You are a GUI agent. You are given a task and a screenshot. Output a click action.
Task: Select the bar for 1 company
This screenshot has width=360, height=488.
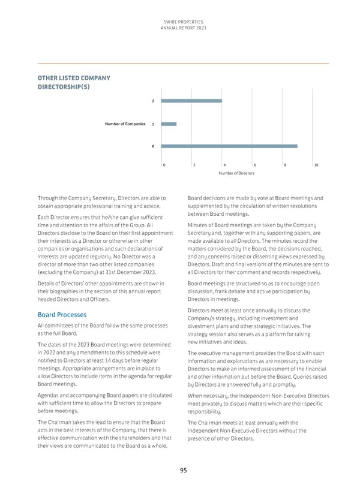pos(169,124)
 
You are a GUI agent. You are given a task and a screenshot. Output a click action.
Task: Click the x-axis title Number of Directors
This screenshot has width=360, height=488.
pos(236,173)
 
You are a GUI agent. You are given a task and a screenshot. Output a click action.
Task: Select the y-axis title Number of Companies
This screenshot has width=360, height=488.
pos(125,123)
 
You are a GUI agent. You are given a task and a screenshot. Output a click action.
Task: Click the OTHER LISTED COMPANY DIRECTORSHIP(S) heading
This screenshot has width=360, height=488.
pos(74,82)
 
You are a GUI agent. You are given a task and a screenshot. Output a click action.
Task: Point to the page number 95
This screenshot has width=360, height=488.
pos(183,471)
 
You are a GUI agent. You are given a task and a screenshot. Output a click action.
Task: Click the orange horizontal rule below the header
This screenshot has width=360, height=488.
pos(183,63)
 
